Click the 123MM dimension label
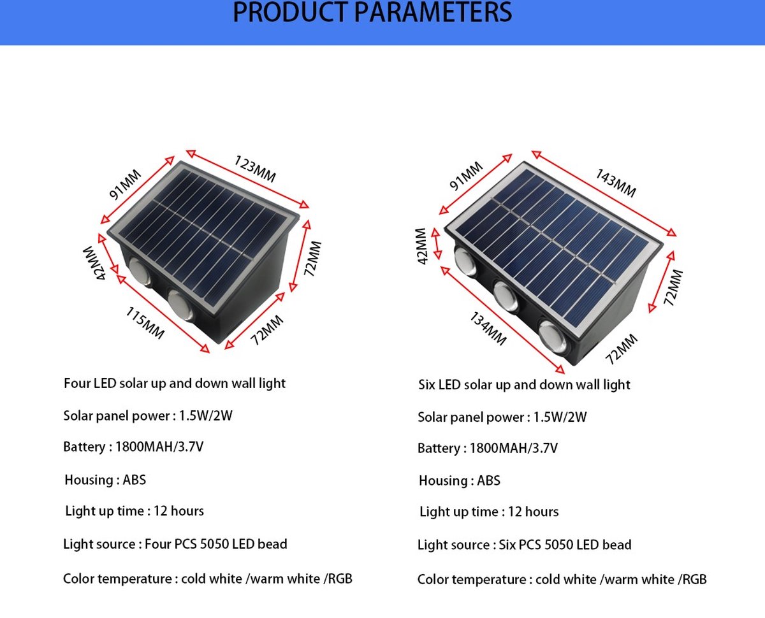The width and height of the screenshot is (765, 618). pyautogui.click(x=255, y=169)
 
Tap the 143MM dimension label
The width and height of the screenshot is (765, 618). pyautogui.click(x=616, y=183)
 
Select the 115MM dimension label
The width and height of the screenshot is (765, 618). pyautogui.click(x=145, y=322)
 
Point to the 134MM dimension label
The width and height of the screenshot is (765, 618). pyautogui.click(x=488, y=328)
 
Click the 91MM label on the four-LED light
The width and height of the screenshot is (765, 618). pyautogui.click(x=126, y=184)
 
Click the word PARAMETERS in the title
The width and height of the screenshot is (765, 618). pyautogui.click(x=433, y=13)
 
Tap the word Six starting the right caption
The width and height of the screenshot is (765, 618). pyautogui.click(x=426, y=385)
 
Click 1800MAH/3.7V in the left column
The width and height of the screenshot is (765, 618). pyautogui.click(x=159, y=447)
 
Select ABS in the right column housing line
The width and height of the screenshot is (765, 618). pyautogui.click(x=488, y=480)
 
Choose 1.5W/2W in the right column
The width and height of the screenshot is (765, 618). pyautogui.click(x=560, y=417)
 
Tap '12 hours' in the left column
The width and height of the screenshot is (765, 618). pyautogui.click(x=179, y=511)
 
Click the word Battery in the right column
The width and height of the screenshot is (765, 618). pyautogui.click(x=439, y=449)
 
